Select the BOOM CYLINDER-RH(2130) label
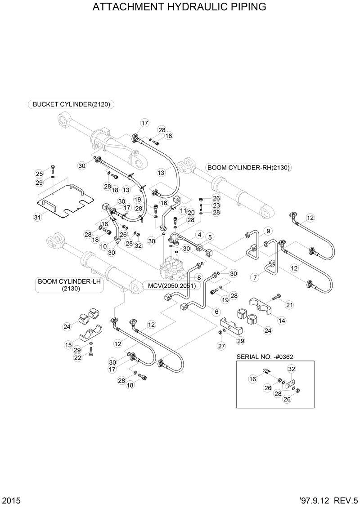click(x=248, y=168)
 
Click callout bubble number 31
click(x=37, y=217)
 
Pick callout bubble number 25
click(x=39, y=174)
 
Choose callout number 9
click(x=268, y=232)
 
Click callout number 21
click(x=289, y=305)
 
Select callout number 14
click(x=282, y=321)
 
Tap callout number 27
click(x=221, y=346)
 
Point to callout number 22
click(x=77, y=357)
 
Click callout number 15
click(x=68, y=345)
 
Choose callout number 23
click(x=216, y=205)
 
